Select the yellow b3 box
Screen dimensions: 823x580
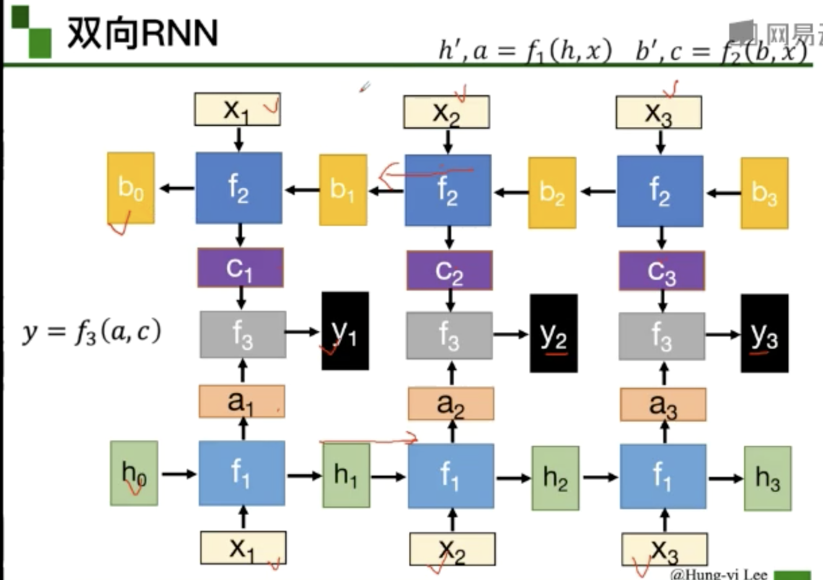point(764,193)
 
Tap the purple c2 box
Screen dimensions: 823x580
point(449,270)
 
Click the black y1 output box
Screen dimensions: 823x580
point(345,332)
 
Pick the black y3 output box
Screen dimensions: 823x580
point(764,333)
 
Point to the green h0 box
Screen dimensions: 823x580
point(134,473)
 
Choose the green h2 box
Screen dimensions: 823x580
point(555,478)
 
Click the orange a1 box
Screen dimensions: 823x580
point(242,401)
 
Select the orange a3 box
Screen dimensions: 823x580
point(662,404)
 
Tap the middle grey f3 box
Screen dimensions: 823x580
point(449,335)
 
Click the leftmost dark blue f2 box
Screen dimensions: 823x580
point(239,187)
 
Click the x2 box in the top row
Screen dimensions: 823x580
point(446,112)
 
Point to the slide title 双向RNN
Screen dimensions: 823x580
point(143,32)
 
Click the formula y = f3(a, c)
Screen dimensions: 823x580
point(92,332)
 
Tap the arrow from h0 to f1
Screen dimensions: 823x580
point(178,474)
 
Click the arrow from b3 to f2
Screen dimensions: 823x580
point(723,193)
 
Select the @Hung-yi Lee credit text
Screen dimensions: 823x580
point(718,574)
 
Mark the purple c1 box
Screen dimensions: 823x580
point(240,268)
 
